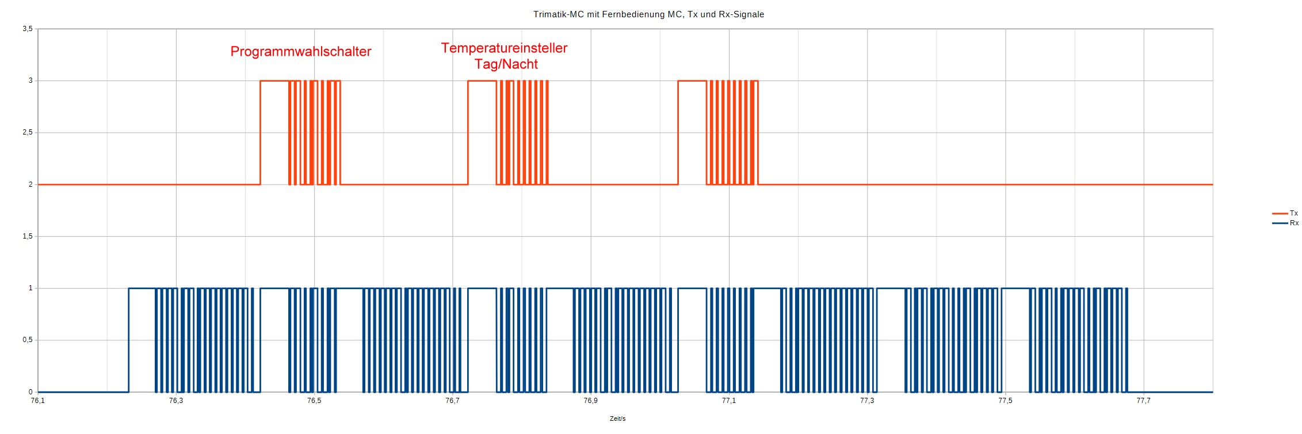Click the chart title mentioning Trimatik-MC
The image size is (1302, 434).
point(648,14)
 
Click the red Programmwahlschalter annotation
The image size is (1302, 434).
point(300,52)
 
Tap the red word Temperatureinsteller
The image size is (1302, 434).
point(504,48)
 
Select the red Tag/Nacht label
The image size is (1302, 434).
point(506,64)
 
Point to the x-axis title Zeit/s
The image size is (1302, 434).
point(617,418)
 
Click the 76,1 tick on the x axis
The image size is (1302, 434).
point(38,401)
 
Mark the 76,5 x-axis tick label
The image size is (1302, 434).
point(314,401)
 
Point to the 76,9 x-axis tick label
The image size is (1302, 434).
point(590,401)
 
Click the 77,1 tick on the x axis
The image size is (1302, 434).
point(729,401)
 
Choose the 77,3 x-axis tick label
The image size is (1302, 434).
point(867,401)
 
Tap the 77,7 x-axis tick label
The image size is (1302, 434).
point(1143,401)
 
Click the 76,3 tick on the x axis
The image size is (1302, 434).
point(176,401)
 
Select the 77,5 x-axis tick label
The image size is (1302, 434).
point(1005,401)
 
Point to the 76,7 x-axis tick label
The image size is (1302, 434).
point(452,401)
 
